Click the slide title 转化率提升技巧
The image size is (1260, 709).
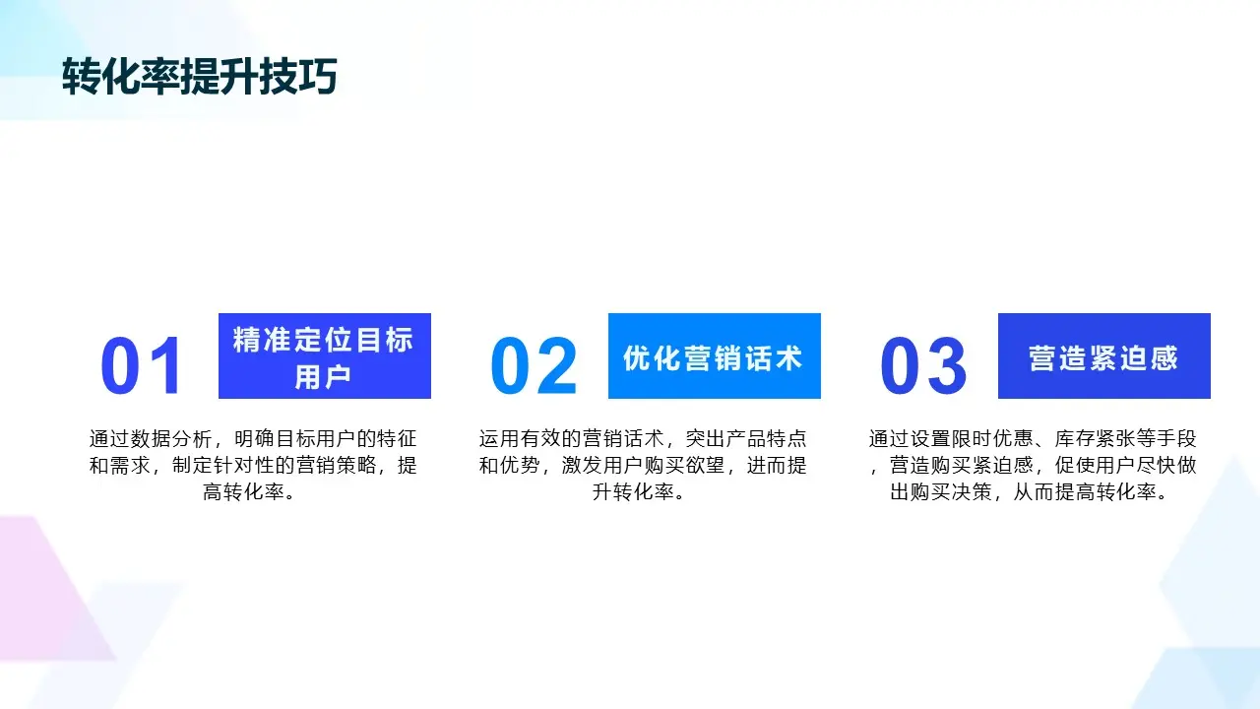point(199,78)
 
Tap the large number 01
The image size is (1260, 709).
point(143,367)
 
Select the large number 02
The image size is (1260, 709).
point(534,367)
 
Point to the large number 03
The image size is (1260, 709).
point(923,367)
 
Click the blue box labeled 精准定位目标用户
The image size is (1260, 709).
point(324,355)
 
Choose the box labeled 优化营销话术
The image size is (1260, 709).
point(714,355)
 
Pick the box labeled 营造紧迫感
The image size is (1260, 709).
point(1103,355)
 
